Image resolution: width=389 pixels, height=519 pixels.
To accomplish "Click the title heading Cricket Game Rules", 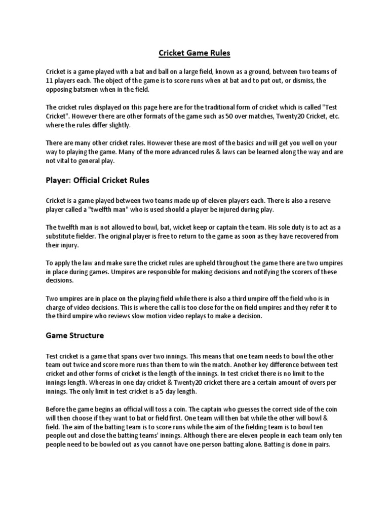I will [x=194, y=53].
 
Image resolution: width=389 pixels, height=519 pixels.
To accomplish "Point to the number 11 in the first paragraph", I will [x=49, y=81].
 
